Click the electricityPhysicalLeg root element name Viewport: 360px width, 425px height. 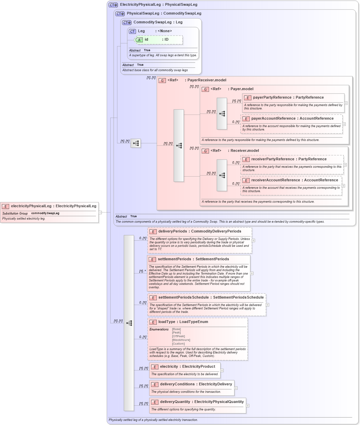click(x=31, y=206)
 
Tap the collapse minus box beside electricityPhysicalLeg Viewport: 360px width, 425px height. click(x=100, y=212)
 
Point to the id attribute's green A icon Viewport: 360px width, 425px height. click(x=139, y=40)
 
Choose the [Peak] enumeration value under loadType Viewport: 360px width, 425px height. click(x=176, y=332)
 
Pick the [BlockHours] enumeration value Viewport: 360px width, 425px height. click(x=181, y=340)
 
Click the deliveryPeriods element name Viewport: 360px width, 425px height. click(x=172, y=231)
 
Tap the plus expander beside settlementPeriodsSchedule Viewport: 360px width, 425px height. click(x=267, y=305)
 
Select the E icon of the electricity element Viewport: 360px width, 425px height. click(x=154, y=367)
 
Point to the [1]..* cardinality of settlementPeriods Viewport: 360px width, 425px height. click(x=143, y=271)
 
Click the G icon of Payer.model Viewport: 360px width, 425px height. click(x=205, y=89)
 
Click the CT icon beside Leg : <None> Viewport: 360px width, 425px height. click(x=132, y=31)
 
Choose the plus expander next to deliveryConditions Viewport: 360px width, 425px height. click(x=236, y=388)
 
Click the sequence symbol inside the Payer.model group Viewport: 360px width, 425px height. click(x=222, y=114)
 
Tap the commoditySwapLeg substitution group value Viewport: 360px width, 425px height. click(x=45, y=213)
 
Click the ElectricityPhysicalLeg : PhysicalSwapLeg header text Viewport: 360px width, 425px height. click(x=158, y=5)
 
